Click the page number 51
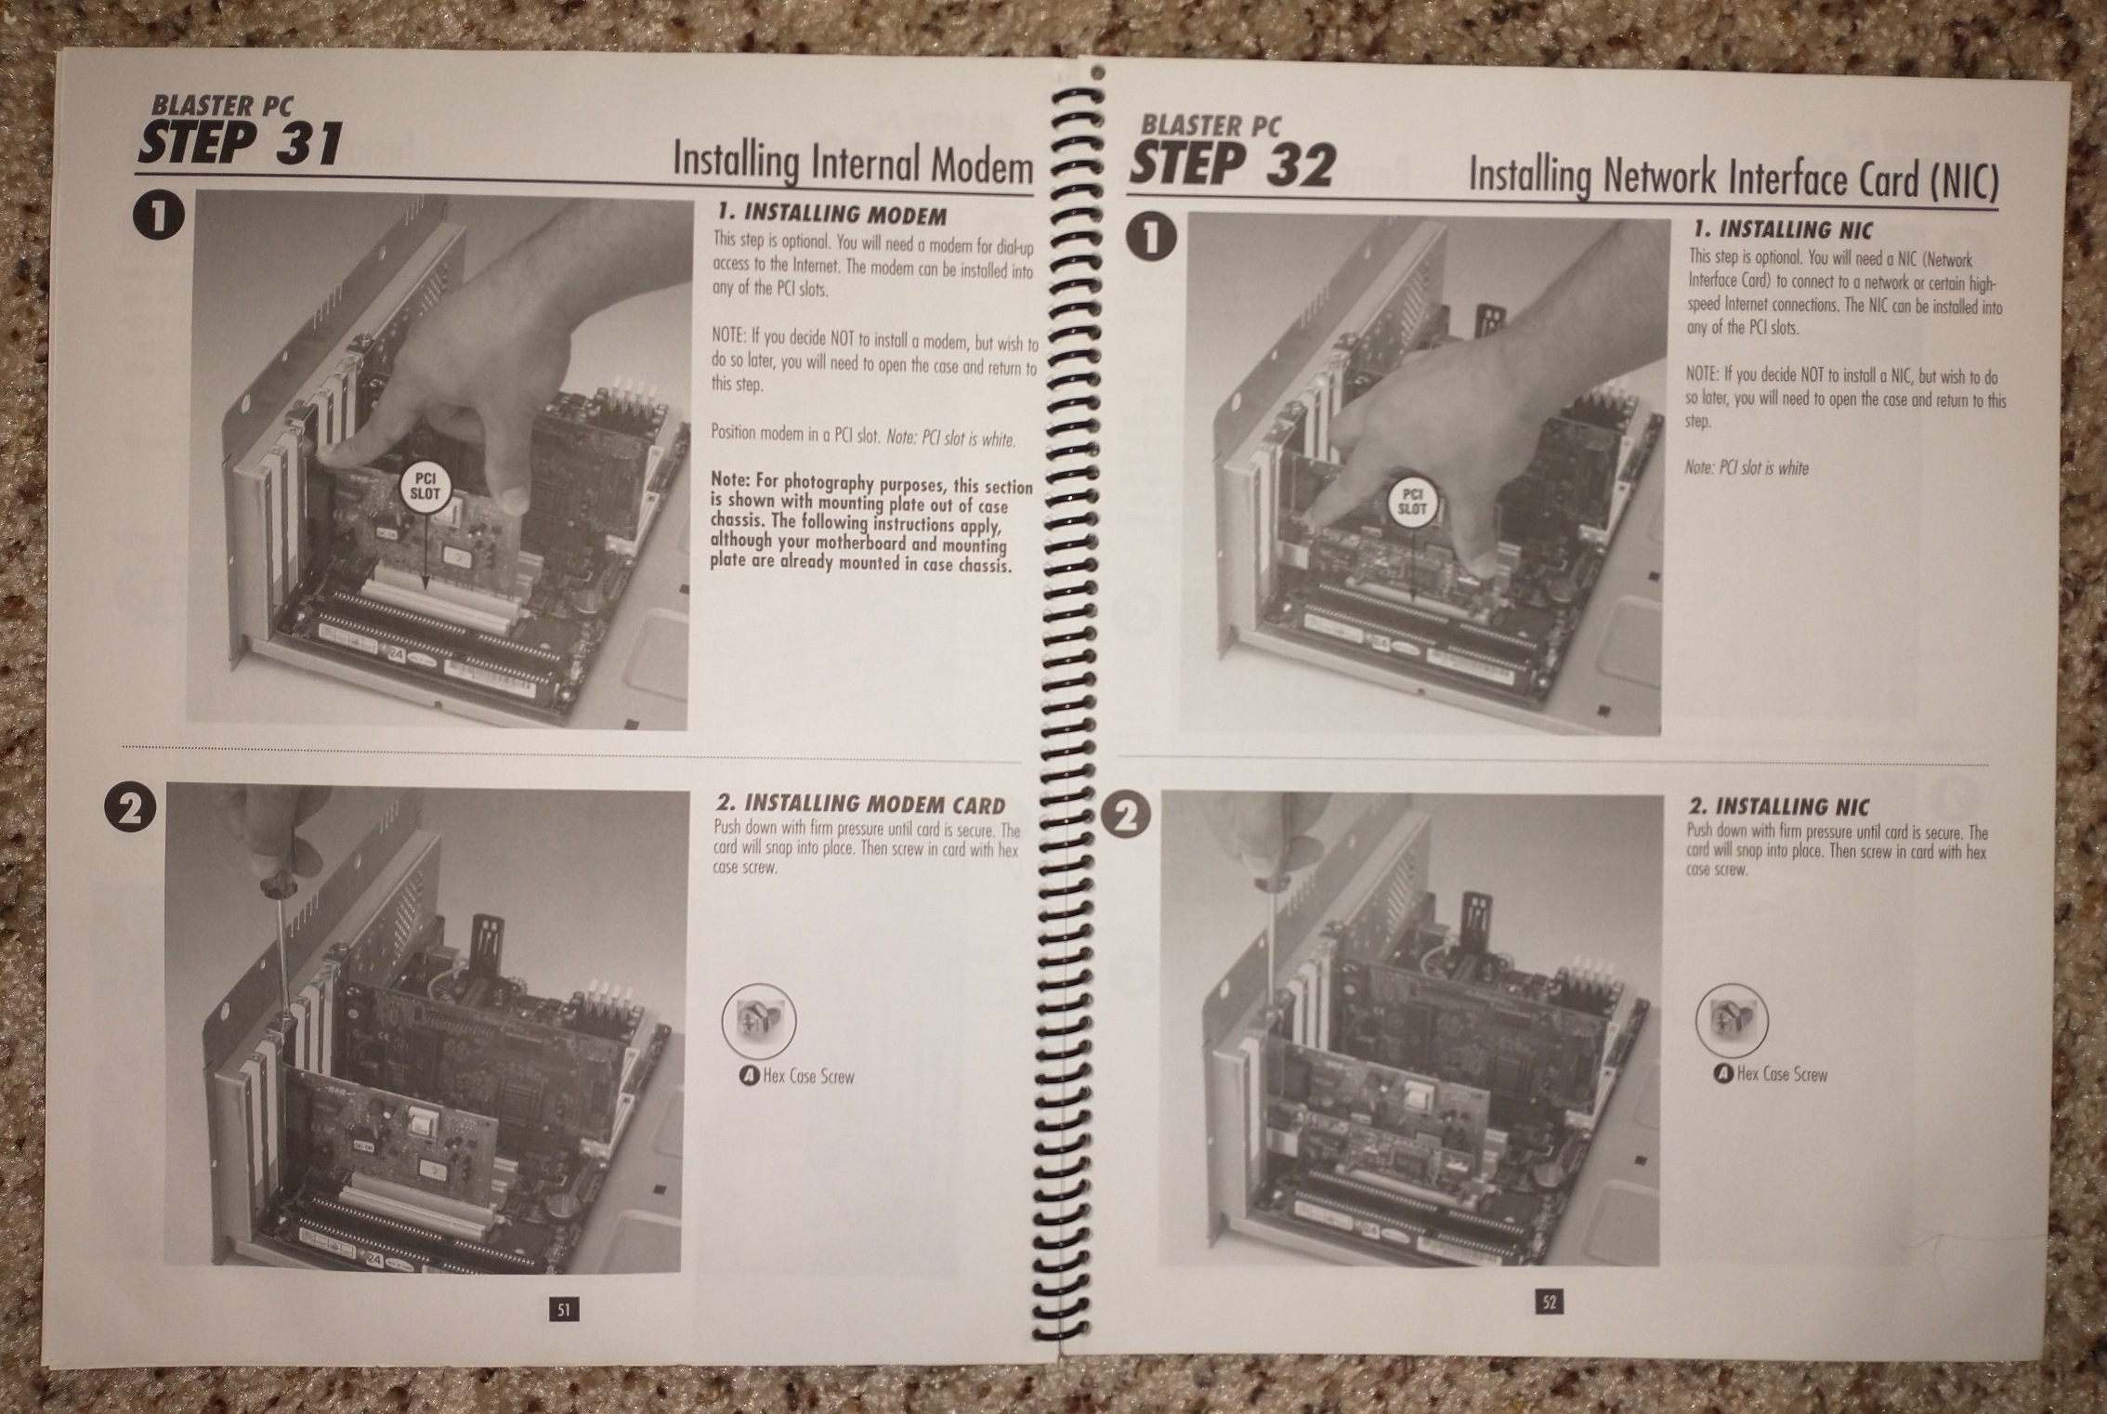tap(563, 1310)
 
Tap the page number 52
tap(1549, 1303)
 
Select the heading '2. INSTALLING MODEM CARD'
tap(860, 805)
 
